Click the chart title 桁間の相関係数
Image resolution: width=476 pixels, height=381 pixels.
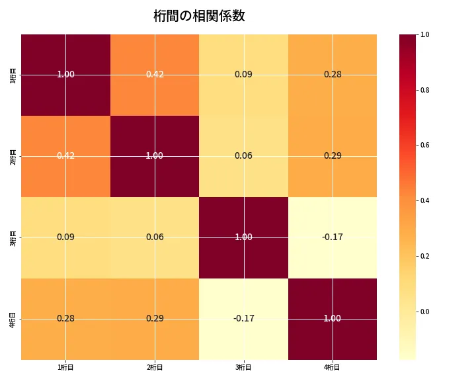coord(199,16)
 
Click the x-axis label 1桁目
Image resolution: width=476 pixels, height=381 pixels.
coord(65,367)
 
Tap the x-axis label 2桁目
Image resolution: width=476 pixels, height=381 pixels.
coord(155,367)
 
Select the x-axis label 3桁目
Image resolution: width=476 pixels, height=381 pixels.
coord(243,367)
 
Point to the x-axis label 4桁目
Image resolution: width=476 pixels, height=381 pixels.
coord(333,367)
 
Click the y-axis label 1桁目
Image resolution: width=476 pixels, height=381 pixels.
coord(13,75)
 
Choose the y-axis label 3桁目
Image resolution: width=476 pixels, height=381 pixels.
coord(13,237)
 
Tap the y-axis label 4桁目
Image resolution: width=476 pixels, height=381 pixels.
coord(13,319)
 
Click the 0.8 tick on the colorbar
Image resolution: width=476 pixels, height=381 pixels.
coord(425,90)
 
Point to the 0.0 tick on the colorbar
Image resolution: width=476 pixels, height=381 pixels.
coord(425,312)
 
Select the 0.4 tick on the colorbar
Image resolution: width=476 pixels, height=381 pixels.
coord(425,200)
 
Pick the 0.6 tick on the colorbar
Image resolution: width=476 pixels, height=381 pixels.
coord(425,145)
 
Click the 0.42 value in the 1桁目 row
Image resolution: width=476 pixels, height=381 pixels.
coord(155,74)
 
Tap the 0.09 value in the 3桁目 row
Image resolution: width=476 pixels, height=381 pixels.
coord(65,237)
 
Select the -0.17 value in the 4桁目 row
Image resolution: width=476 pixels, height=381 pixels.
coord(243,318)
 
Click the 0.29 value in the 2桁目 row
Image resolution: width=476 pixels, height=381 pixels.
coord(333,155)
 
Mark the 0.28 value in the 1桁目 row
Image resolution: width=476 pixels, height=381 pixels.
coord(333,74)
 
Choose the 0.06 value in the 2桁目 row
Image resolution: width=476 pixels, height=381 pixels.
coord(243,155)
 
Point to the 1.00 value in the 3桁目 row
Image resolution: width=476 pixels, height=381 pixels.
coord(243,237)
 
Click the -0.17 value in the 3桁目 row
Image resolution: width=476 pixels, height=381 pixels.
coord(333,237)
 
